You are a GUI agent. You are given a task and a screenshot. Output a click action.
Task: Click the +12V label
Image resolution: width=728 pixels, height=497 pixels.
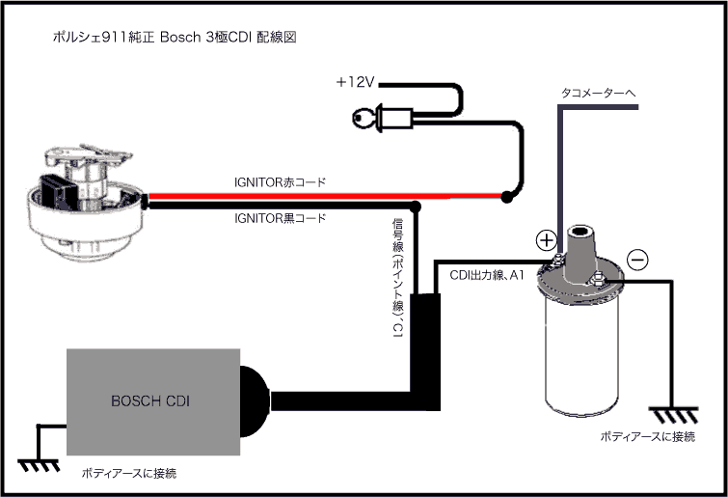click(355, 82)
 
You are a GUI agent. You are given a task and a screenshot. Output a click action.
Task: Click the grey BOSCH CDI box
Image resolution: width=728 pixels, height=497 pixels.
click(151, 400)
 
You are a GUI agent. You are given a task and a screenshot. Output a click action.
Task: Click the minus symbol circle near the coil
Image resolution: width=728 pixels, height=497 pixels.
click(636, 259)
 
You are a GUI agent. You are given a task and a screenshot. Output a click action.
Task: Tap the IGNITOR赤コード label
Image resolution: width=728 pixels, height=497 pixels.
click(280, 182)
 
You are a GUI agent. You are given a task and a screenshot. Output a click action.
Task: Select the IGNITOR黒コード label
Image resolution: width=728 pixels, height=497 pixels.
click(280, 218)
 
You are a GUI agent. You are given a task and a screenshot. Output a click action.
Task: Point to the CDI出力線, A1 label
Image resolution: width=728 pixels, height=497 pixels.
click(487, 275)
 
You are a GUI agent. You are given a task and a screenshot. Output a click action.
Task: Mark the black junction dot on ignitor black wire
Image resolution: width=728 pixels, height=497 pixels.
click(416, 207)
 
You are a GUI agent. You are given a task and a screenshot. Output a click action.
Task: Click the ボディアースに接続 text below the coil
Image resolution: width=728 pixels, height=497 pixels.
click(647, 437)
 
